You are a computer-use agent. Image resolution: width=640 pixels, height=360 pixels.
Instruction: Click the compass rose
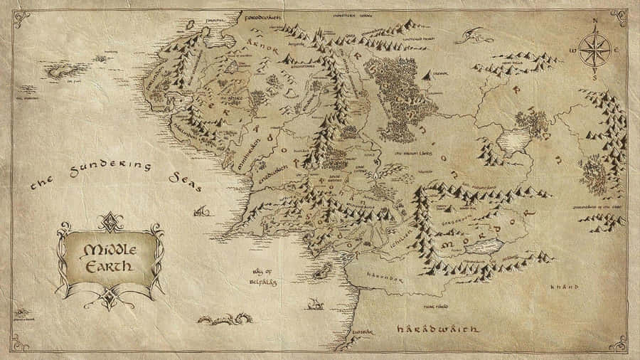click(594, 51)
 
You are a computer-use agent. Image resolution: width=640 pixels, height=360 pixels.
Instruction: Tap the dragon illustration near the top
click(474, 34)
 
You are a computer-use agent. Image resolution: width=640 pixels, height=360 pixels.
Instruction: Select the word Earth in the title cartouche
click(108, 267)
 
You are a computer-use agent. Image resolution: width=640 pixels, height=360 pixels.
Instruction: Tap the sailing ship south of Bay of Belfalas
click(314, 304)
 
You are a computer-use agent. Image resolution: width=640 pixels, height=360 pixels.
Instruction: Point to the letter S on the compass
click(595, 78)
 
